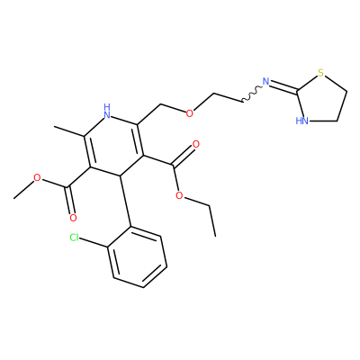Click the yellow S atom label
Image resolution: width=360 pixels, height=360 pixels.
pos(321,73)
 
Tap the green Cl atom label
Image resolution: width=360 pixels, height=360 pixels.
pos(74,238)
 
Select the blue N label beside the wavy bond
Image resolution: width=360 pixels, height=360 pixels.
pos(265,82)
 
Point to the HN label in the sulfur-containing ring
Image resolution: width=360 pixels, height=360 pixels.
pos(301,121)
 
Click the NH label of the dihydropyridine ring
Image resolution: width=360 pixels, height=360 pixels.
pos(107,111)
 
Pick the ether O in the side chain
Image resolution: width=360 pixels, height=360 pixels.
pos(189,113)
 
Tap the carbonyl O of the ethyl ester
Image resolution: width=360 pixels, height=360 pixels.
pos(195,145)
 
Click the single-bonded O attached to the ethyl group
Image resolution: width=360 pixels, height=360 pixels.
pos(179,196)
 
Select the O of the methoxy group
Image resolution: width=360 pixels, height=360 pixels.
pos(37,178)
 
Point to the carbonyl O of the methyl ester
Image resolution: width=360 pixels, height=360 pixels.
pos(73,218)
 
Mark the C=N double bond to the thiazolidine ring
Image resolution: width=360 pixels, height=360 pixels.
pos(283,86)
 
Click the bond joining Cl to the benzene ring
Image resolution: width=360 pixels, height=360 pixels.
pos(94,243)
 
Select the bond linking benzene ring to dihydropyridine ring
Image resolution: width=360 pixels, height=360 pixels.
pos(125,201)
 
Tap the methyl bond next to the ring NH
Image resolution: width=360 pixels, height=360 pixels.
pos(69,131)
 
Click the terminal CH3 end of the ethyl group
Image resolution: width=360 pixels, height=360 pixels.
pos(215,236)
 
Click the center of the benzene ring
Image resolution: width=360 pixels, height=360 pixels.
pos(137,256)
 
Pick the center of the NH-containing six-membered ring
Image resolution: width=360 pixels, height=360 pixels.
pos(114,145)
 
